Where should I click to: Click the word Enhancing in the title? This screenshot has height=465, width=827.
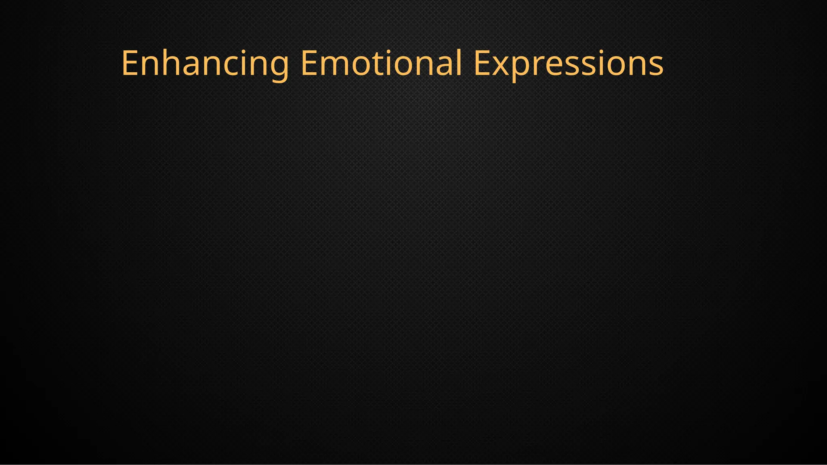click(205, 63)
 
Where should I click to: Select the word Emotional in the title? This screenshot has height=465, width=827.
click(381, 63)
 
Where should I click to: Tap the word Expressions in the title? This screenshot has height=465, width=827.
click(568, 63)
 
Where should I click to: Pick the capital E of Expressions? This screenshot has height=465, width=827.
click(481, 63)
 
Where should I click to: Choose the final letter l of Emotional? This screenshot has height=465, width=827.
click(459, 63)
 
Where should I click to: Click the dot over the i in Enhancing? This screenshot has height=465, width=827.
click(249, 51)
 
